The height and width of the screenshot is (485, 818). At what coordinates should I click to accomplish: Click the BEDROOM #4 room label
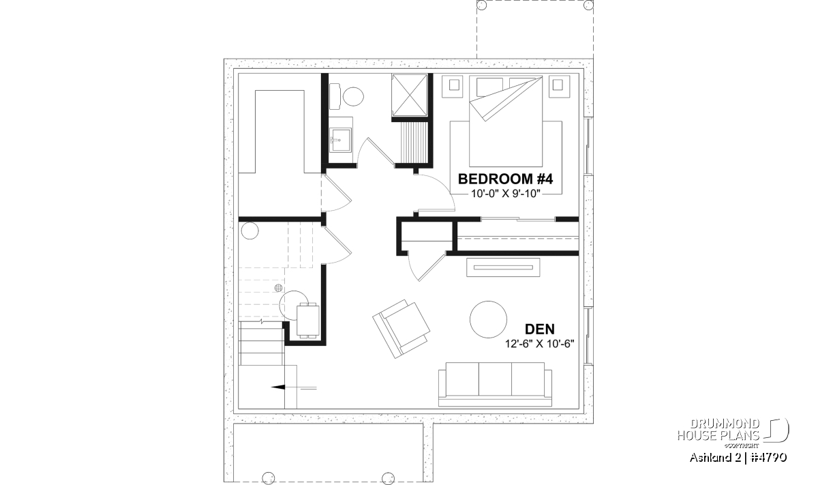point(505,179)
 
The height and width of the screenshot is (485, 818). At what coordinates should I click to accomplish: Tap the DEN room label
point(539,329)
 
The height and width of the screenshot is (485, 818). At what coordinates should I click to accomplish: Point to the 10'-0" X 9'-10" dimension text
point(505,194)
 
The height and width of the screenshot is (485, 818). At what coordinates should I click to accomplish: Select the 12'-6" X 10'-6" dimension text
point(540,344)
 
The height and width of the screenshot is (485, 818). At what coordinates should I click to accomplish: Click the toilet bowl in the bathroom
point(353,96)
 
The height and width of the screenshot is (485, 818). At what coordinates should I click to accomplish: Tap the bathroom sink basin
point(340,140)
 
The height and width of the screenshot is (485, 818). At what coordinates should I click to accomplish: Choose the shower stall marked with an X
point(410,95)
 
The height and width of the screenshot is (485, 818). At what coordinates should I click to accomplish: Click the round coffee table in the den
point(488,319)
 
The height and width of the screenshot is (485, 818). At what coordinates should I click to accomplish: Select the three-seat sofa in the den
point(495,384)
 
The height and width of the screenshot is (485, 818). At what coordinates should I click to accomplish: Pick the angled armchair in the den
point(401,329)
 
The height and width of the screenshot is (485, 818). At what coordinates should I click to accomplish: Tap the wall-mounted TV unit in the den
point(503,267)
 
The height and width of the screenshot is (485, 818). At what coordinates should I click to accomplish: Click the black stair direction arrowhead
point(278,387)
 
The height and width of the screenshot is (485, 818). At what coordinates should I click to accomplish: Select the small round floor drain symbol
point(279,288)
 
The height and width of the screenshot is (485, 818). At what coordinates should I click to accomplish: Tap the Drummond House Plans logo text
point(718,430)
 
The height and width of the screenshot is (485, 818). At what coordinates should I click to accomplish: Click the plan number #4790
point(769,458)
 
